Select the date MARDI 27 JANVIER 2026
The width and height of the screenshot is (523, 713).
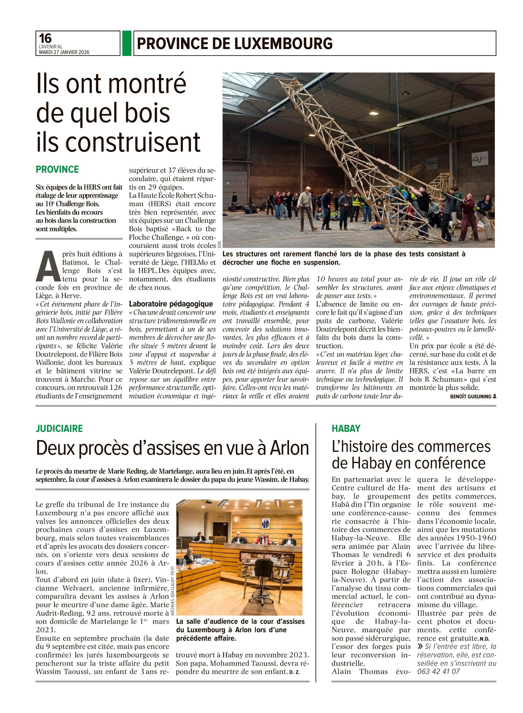(64, 52)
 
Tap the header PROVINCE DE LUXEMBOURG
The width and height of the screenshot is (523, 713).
(235, 44)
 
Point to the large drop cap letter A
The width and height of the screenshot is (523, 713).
(47, 266)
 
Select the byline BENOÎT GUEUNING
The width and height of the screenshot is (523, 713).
(471, 396)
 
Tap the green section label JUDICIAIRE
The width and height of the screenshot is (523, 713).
(59, 429)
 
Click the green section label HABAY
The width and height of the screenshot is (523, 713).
(346, 429)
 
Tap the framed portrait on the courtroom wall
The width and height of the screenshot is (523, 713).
(265, 524)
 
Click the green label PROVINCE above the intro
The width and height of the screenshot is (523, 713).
(57, 170)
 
